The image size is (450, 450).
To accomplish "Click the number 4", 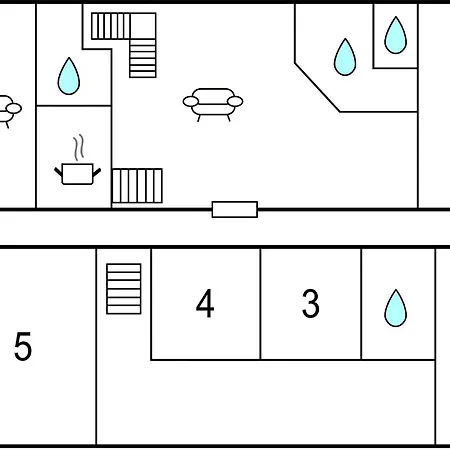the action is pos(205,303).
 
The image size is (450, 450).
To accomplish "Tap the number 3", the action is pos(311,303).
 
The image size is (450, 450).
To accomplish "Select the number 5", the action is pos(23,346).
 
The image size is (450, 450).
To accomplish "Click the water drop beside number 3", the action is pos(396,308).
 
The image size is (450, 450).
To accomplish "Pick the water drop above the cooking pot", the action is pos(69,77).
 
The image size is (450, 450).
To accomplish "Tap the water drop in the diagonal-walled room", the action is pos(345,57).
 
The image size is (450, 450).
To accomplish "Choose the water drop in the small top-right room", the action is pos(396,35).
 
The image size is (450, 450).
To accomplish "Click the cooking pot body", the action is pos(77,174).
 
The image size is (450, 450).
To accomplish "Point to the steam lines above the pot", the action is pos(79,147).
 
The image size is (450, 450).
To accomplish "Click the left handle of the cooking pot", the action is pos(58,172).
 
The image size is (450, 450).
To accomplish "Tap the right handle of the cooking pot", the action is pos(97,172).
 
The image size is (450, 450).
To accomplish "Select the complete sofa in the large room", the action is pos(213,104).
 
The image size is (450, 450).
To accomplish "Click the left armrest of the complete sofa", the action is pos(191,101).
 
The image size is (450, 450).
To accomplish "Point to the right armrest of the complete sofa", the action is pos(235,101).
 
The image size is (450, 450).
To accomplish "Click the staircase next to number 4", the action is pos(124,289).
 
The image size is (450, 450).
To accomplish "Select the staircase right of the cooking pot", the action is pos(137,186).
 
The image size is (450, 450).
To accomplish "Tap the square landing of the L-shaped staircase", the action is pos(143,26).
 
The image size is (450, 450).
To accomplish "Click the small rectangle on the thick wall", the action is pos(235,210).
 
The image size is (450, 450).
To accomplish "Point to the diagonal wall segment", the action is pos(317,87).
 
